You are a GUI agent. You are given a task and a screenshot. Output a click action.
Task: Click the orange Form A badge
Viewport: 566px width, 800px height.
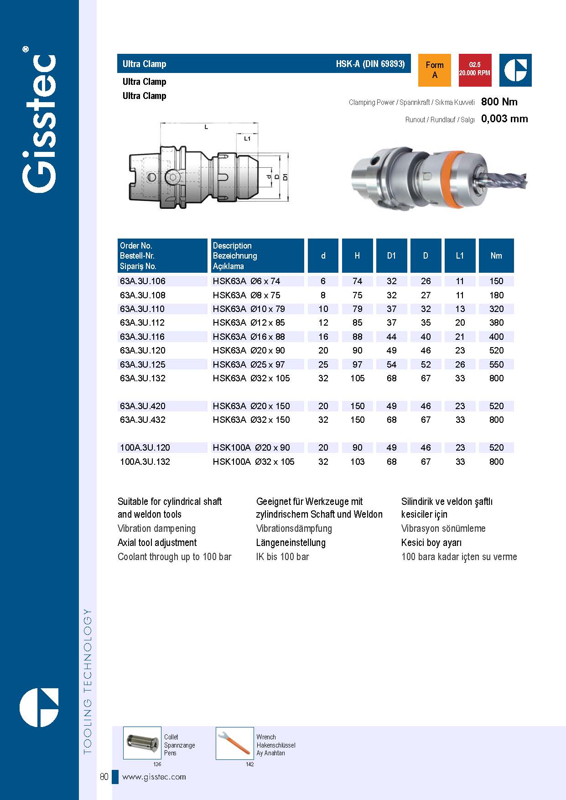434,70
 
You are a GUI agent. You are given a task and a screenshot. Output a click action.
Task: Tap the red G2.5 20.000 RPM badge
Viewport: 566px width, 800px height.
474,70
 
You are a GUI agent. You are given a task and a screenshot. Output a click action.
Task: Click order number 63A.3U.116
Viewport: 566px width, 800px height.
142,337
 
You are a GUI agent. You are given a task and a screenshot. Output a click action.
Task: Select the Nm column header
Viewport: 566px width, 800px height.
496,256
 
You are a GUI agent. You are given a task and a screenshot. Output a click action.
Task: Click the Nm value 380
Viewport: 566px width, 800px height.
496,322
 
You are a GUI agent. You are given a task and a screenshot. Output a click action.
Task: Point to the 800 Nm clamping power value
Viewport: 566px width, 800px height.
499,102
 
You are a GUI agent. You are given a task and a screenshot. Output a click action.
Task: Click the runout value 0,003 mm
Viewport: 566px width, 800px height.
504,119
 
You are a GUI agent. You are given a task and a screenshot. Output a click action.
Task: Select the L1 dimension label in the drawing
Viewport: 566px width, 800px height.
247,138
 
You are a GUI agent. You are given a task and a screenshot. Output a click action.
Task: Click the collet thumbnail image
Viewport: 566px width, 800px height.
142,743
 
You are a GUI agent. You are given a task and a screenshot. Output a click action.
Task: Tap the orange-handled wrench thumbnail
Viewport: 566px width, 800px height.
234,743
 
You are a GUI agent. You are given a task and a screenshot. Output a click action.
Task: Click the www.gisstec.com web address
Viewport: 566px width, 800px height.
154,777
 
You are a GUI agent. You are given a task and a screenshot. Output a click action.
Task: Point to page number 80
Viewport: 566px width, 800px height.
104,777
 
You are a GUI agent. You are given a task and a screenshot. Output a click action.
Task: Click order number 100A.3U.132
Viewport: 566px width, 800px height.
145,462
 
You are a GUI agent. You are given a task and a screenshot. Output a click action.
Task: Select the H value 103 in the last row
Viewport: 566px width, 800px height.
357,462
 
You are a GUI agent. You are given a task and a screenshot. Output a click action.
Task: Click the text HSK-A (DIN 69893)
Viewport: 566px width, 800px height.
370,64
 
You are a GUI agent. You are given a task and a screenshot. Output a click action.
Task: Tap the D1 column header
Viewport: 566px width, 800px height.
391,256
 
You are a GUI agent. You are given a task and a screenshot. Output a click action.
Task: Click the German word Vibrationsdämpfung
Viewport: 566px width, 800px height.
294,529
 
